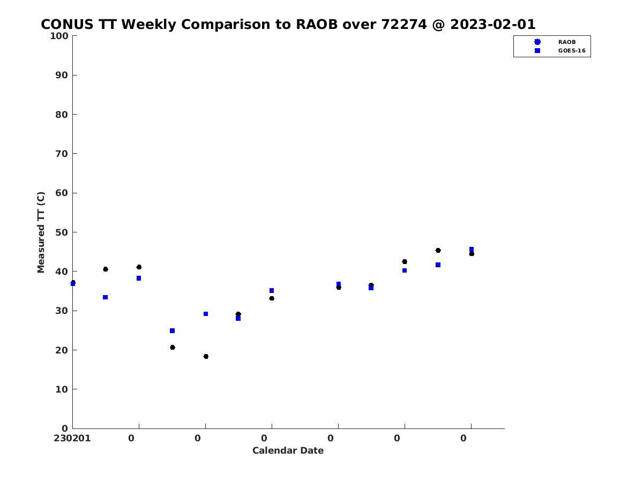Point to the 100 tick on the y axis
59,36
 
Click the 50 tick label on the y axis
62,232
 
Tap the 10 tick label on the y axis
62,389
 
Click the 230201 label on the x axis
72,438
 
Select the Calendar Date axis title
288,450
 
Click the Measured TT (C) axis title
41,232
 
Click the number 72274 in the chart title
403,24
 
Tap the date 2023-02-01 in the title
493,24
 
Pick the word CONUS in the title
67,24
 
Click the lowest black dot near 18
206,357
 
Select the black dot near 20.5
173,348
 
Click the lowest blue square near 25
172,330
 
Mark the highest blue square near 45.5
472,250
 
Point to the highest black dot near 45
438,250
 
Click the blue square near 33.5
105,297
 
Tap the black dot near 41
139,267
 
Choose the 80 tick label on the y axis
62,115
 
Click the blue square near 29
206,314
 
